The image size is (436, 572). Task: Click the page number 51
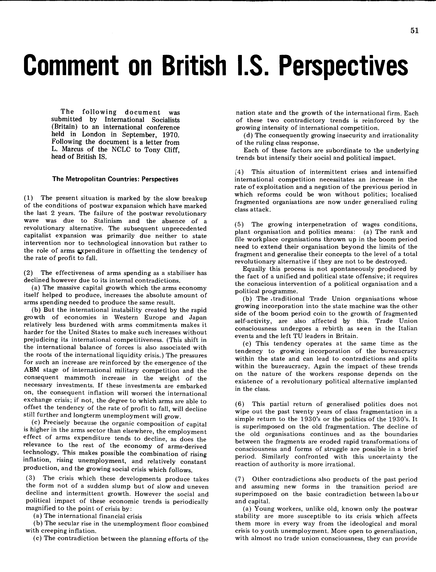(x=415, y=31)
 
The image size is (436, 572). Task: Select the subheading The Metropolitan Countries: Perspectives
(x=115, y=179)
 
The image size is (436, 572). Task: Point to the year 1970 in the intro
(x=171, y=135)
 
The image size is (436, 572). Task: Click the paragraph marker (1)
(x=28, y=198)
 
